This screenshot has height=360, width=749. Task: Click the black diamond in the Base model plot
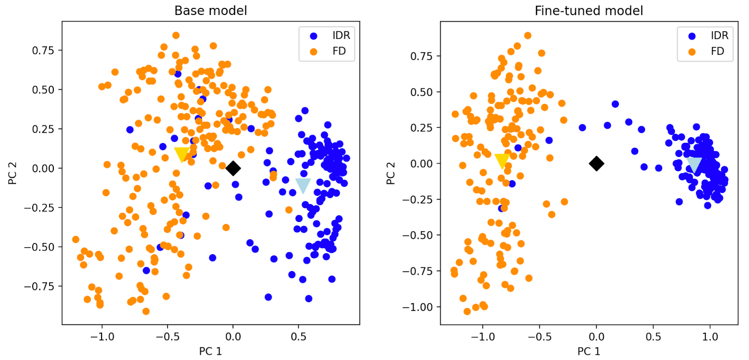click(x=233, y=168)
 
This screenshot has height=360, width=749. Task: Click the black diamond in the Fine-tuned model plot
click(x=596, y=163)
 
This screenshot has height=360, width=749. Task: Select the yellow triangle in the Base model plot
click(x=182, y=154)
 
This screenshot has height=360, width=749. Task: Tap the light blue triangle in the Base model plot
click(x=303, y=185)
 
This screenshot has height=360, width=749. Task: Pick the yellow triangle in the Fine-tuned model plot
click(x=502, y=161)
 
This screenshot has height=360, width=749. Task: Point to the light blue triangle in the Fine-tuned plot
click(x=694, y=164)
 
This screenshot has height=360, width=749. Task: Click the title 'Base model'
click(x=211, y=10)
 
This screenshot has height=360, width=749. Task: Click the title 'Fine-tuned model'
click(x=589, y=10)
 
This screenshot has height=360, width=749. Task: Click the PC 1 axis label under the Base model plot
click(x=211, y=351)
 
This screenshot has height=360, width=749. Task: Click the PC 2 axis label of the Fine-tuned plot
click(x=390, y=173)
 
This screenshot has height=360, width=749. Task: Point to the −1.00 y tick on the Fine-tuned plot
click(x=418, y=307)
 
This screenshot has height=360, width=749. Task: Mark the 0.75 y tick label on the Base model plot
click(x=43, y=51)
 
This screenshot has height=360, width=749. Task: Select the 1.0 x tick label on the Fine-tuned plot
click(x=710, y=337)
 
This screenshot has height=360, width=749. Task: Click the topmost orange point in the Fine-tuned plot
click(x=528, y=36)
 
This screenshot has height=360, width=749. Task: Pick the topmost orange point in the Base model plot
click(x=176, y=36)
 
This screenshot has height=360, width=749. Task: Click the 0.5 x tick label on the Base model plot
click(x=299, y=337)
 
